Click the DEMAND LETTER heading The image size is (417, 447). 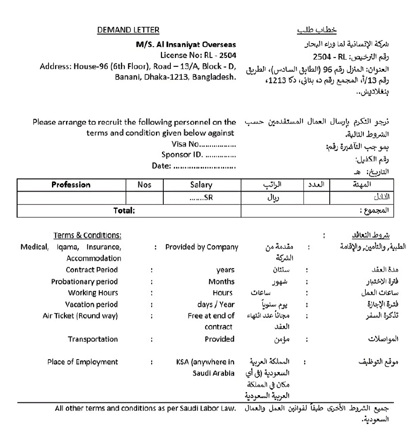click(x=128, y=30)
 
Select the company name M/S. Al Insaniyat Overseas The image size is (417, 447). click(x=186, y=44)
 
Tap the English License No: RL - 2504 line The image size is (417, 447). click(x=198, y=55)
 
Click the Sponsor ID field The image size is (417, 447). click(x=199, y=154)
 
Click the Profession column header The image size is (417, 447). click(x=71, y=185)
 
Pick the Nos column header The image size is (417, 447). click(x=144, y=185)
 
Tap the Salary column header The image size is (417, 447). click(x=201, y=185)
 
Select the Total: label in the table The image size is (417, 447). click(x=124, y=211)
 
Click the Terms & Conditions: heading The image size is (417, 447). click(x=87, y=235)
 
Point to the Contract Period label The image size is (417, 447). click(x=92, y=270)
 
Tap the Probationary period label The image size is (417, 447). click(x=84, y=282)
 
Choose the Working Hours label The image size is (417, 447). click(x=93, y=293)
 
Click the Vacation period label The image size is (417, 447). click(x=92, y=304)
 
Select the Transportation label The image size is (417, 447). click(x=93, y=339)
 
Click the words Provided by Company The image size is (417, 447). click(x=202, y=247)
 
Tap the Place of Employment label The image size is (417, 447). click(x=83, y=362)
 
